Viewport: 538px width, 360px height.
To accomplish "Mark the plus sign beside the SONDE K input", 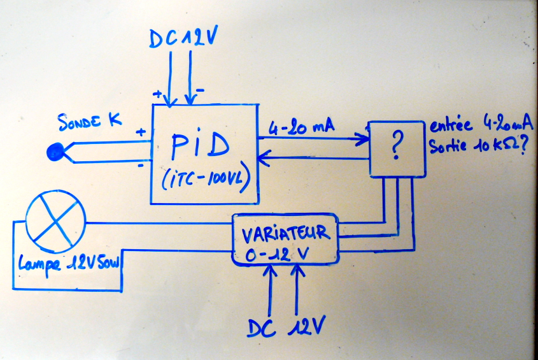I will [139, 133].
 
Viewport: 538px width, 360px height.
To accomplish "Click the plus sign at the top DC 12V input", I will [156, 94].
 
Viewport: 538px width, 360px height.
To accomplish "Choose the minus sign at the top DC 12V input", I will [199, 91].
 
